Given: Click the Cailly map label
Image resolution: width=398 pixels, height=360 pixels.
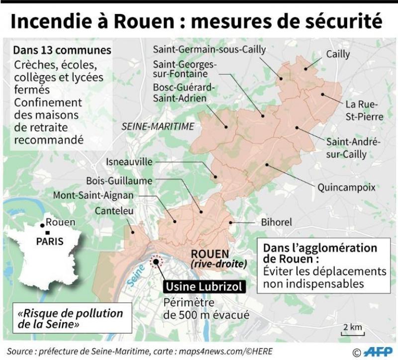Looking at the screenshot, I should [x=338, y=54].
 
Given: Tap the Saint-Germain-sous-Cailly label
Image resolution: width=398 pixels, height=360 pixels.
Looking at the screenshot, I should [x=209, y=50].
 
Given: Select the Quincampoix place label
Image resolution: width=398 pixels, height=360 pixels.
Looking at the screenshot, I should [x=346, y=187].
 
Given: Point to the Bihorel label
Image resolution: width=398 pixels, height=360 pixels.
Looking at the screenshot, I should [x=276, y=222].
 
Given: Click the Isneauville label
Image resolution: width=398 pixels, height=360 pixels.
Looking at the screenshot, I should [x=130, y=162].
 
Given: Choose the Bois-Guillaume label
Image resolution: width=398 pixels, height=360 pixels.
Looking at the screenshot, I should [x=119, y=180].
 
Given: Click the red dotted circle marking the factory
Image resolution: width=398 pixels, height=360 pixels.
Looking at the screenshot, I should [x=157, y=262].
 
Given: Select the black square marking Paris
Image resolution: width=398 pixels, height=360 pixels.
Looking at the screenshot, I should [x=47, y=233].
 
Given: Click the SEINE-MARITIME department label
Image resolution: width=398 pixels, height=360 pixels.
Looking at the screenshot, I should [x=158, y=127].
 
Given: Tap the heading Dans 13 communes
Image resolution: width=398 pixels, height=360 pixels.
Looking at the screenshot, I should [x=62, y=51].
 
